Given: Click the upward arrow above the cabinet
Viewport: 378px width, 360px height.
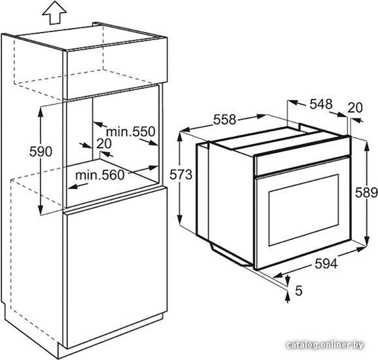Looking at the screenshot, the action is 54,14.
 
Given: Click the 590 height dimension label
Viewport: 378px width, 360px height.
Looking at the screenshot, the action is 41,152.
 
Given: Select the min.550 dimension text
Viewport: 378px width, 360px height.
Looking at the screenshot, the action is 131,132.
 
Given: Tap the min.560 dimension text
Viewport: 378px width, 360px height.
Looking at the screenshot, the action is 100,175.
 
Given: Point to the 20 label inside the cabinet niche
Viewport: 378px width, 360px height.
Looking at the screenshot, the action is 104,143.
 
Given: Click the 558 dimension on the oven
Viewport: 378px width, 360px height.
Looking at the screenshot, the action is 224,120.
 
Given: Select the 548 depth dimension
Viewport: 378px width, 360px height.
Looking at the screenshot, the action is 321,104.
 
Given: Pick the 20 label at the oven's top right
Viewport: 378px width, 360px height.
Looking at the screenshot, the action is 355,107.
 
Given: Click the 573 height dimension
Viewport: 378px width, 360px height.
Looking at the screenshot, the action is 180,175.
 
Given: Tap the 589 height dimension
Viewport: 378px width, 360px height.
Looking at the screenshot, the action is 366,192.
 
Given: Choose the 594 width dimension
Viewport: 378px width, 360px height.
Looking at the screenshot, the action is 326,264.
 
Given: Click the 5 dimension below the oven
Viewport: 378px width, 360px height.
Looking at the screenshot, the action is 298,291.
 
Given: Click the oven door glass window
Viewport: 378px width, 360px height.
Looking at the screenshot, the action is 303,210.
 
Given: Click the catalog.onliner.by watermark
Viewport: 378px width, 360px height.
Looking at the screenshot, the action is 325,345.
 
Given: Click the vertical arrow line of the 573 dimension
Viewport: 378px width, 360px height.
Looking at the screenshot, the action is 180,179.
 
